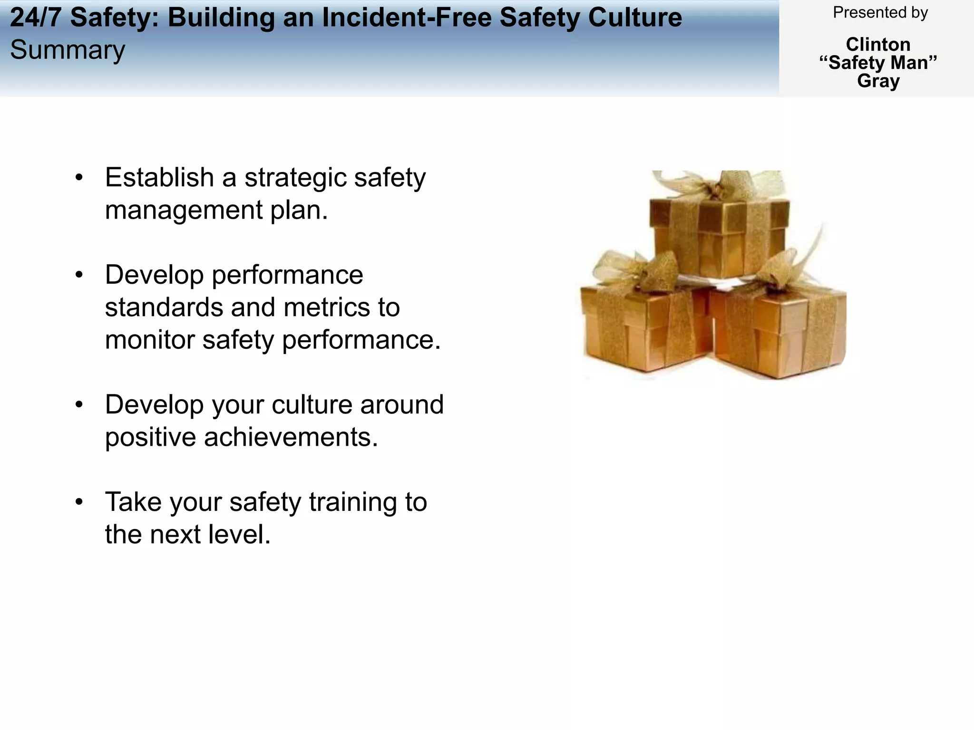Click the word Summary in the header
[x=68, y=50]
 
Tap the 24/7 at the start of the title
[x=36, y=18]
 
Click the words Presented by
[x=880, y=13]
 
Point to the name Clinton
[x=878, y=45]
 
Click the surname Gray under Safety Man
[x=878, y=81]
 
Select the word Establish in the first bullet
[x=159, y=178]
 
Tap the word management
[x=184, y=210]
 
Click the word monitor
[x=149, y=340]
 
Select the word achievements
[x=291, y=437]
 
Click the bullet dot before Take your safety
[x=79, y=502]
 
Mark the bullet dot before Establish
[x=79, y=178]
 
